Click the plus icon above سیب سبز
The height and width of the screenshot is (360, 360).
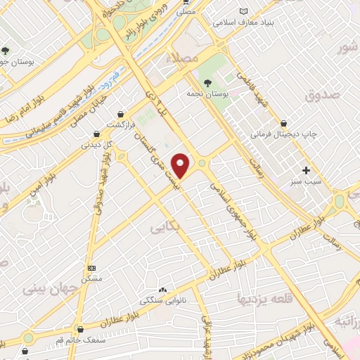(306, 170)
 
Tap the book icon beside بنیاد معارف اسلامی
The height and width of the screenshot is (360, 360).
(244, 11)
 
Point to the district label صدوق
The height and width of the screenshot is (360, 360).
(323, 94)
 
